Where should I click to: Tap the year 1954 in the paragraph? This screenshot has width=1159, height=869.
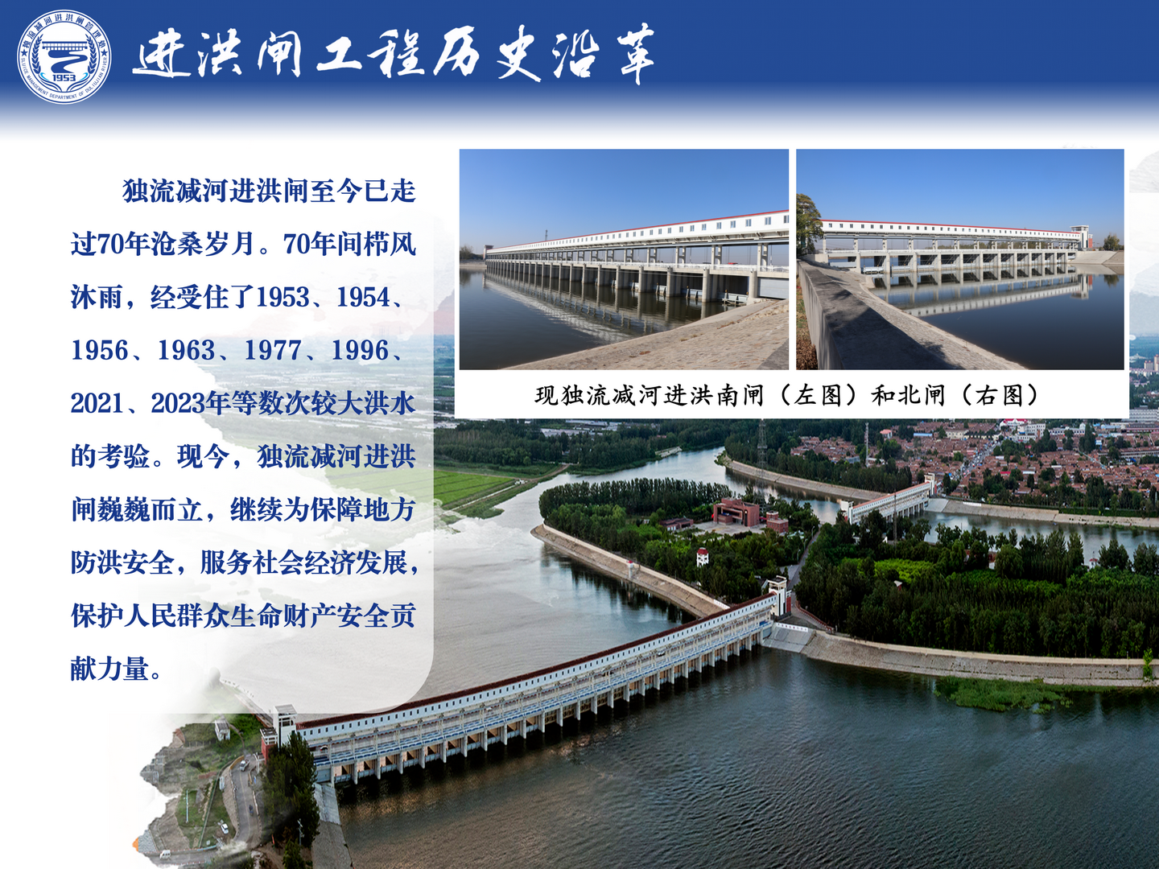pos(365,298)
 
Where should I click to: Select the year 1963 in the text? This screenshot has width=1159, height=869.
pos(186,351)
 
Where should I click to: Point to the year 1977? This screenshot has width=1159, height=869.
pos(273,351)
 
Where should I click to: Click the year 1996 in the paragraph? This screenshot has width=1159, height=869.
pos(360,351)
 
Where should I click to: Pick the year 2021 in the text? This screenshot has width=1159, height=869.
pos(99,404)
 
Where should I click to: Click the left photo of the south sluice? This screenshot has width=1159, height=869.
pos(624,260)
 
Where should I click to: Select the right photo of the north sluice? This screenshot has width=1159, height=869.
pos(960,260)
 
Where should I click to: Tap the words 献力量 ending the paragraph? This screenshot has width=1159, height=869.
pos(109,669)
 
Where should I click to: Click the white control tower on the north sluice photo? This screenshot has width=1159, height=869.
pos(1079,237)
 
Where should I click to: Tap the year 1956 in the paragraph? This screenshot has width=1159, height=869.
pos(99,351)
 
